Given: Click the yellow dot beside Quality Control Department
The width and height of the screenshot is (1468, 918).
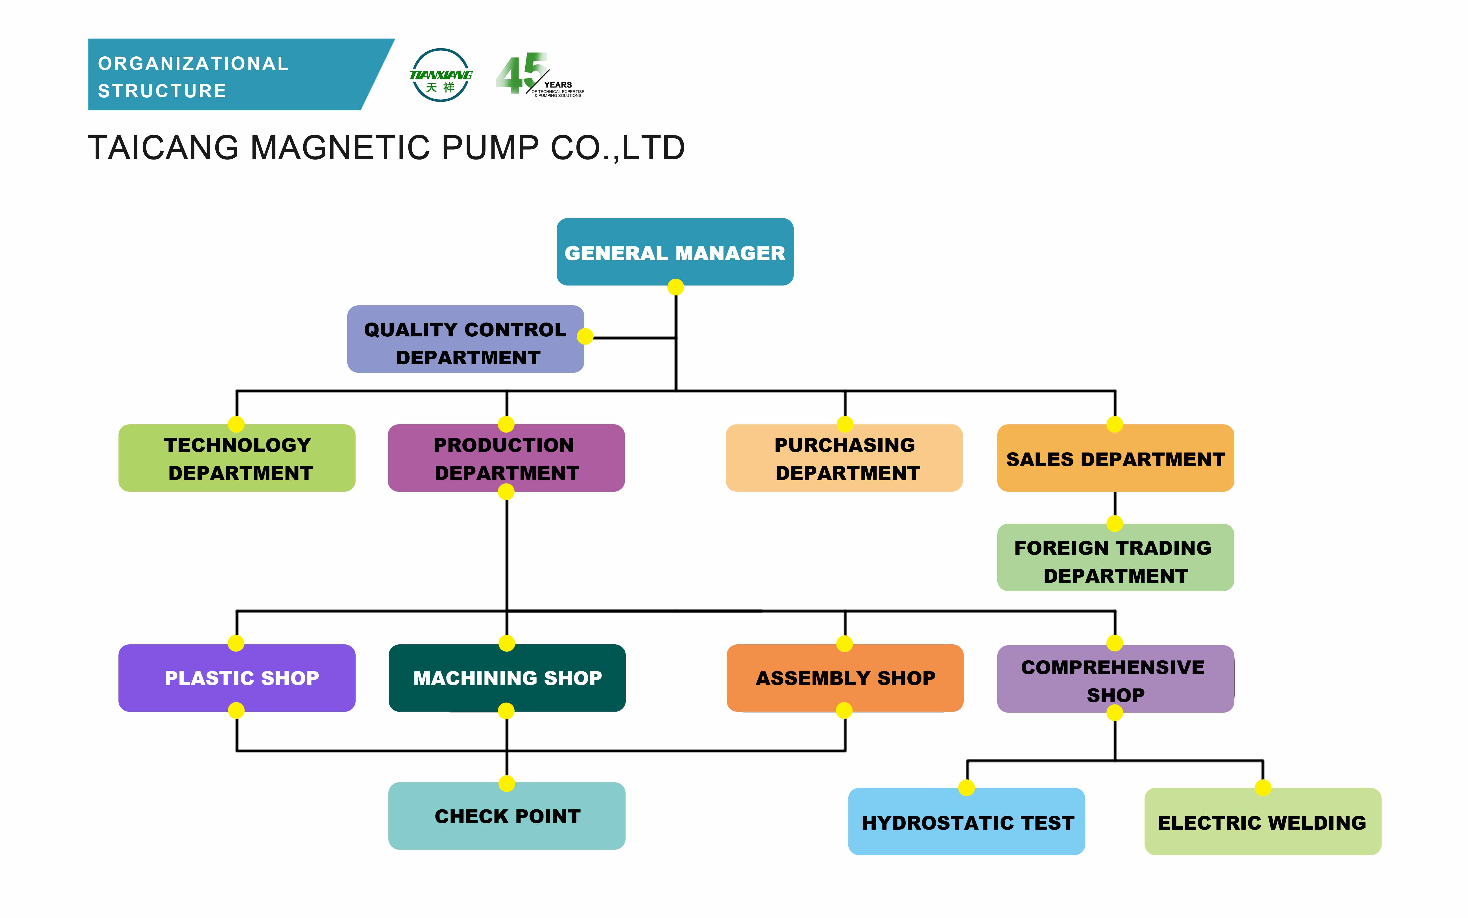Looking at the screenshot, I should [x=585, y=336].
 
